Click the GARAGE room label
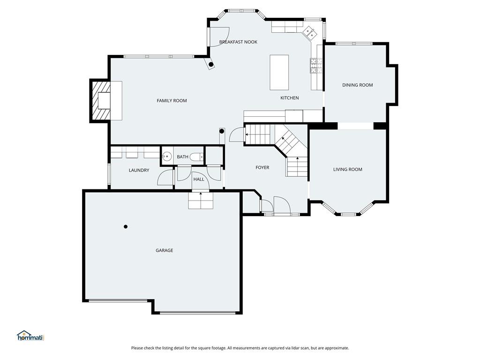pyautogui.click(x=165, y=250)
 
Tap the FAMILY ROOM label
pyautogui.click(x=172, y=100)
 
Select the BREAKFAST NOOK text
pyautogui.click(x=238, y=42)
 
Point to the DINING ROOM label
pyautogui.click(x=358, y=85)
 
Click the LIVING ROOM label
pyautogui.click(x=348, y=169)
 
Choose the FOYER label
pyautogui.click(x=262, y=167)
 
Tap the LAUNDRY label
pyautogui.click(x=139, y=170)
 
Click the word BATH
pyautogui.click(x=182, y=157)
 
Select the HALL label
pyautogui.click(x=199, y=179)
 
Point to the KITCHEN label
pyautogui.click(x=290, y=97)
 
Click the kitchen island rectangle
pyautogui.click(x=279, y=73)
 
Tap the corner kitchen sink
pyautogui.click(x=310, y=33)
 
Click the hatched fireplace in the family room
pyautogui.click(x=100, y=101)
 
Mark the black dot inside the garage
pyautogui.click(x=126, y=226)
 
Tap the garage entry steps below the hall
pyautogui.click(x=201, y=201)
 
